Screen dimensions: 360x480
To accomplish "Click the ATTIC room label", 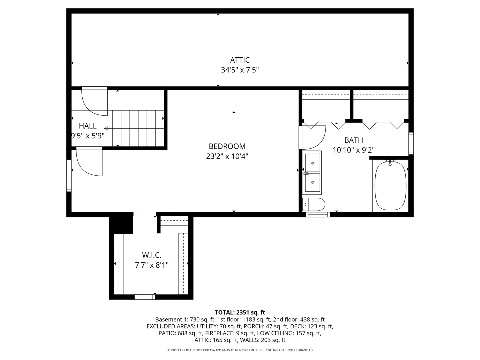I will click(240, 60).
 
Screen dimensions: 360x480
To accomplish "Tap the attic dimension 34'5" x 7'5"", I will click(240, 70).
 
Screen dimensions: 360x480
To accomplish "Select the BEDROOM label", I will click(227, 146).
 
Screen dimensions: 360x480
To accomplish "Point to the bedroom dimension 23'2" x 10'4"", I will click(227, 156).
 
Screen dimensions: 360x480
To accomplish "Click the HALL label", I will click(88, 126).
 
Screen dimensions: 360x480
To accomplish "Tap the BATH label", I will click(353, 140).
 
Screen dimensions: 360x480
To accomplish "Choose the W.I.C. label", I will click(152, 255).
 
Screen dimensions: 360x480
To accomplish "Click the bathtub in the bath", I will click(391, 186).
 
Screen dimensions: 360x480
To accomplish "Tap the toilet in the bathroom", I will click(314, 204).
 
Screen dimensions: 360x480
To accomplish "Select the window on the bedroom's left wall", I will click(69, 175).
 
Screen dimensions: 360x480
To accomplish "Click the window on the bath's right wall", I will click(411, 143).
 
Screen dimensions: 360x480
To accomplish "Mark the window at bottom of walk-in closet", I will click(145, 297).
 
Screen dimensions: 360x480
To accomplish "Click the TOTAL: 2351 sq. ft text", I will click(240, 312).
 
